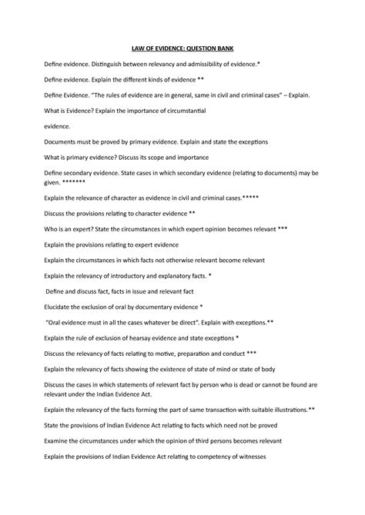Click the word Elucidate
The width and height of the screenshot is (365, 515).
pyautogui.click(x=62, y=307)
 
